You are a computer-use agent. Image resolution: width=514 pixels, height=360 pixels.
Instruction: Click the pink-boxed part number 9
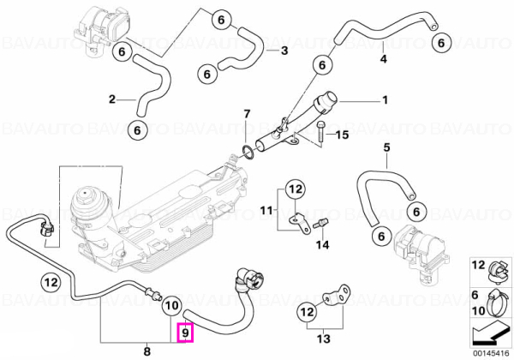click(x=185, y=333)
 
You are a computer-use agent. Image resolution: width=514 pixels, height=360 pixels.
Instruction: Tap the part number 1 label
click(x=385, y=99)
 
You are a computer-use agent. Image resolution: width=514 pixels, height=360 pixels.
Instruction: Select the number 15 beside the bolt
click(x=342, y=135)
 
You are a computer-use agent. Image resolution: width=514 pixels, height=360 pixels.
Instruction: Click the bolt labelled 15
click(x=320, y=131)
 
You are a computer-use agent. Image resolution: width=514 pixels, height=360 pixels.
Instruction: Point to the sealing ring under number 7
click(x=248, y=153)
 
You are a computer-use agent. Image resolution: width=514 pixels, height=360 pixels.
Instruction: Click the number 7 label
click(x=247, y=114)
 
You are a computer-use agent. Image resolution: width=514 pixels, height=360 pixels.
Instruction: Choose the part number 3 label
click(x=284, y=51)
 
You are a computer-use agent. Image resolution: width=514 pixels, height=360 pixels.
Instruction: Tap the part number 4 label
click(x=383, y=58)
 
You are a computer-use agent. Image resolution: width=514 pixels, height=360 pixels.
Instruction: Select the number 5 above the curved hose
click(x=387, y=147)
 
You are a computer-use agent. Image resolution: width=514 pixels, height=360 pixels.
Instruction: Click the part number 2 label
click(x=112, y=99)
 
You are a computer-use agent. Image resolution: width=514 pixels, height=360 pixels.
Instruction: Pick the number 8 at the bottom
click(x=146, y=351)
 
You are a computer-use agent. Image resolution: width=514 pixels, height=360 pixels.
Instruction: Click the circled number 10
click(x=172, y=306)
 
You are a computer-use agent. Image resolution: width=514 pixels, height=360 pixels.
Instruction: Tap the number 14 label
click(x=322, y=244)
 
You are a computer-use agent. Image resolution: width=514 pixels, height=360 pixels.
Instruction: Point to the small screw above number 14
click(x=319, y=225)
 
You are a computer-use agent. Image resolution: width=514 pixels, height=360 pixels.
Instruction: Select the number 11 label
click(x=266, y=210)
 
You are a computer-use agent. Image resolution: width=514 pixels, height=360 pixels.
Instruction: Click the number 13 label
click(x=324, y=339)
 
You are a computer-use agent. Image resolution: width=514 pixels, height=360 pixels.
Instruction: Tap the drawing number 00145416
click(x=492, y=353)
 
